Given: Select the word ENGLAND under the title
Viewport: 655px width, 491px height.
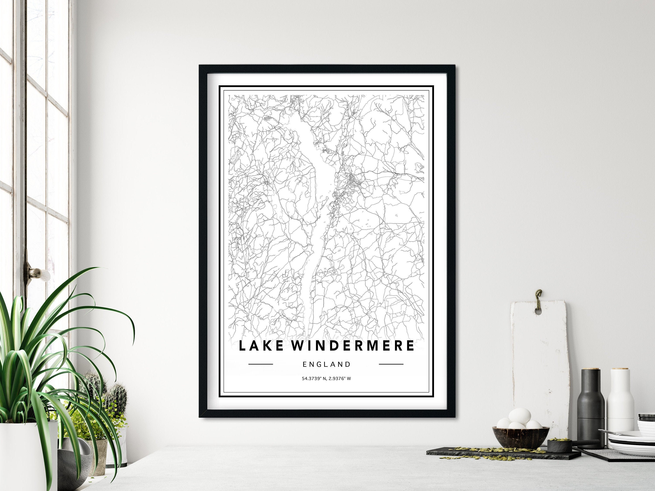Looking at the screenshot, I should coord(327,364).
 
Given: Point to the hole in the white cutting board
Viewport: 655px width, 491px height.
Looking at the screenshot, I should coord(538,312).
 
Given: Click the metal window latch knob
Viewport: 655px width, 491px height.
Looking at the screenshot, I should coord(36,271).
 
